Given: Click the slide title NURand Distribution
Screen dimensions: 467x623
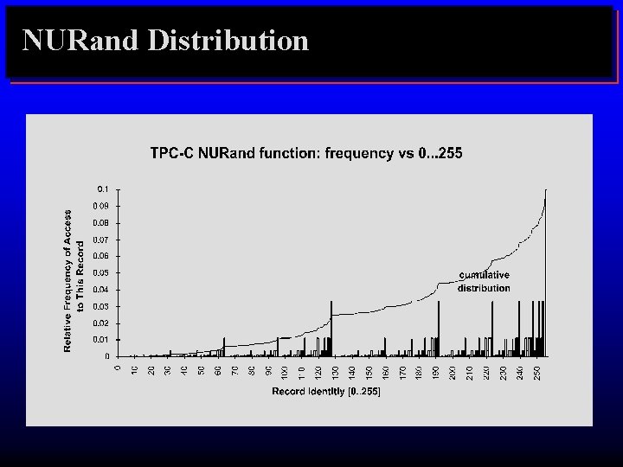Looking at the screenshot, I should (165, 40).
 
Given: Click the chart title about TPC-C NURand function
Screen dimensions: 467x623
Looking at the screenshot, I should (306, 154).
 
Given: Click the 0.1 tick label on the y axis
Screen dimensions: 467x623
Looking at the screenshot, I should (103, 189).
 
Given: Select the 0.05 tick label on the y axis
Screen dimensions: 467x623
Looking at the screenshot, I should (101, 272).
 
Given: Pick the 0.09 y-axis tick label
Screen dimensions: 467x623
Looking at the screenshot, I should (101, 206).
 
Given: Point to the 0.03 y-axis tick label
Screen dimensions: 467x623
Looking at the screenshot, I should (101, 306).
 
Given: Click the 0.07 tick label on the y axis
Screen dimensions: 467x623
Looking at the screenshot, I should (101, 240).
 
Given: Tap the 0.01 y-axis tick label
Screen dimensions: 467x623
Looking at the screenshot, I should (101, 340).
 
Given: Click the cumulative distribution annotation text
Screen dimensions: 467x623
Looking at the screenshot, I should (484, 282).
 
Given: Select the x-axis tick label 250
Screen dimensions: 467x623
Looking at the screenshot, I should (537, 371).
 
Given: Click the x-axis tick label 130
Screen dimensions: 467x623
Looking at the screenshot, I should (335, 371).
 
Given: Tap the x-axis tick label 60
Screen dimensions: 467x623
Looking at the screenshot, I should (217, 371).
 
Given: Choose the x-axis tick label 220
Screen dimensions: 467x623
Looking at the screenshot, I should (486, 371).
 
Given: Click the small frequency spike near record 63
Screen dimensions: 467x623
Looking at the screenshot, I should (224, 347).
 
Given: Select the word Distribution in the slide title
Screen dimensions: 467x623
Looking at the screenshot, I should (228, 40).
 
